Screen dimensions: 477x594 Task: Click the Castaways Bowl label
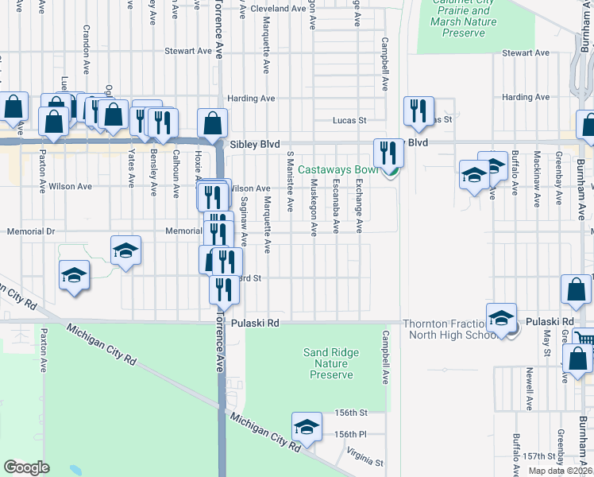pos(340,169)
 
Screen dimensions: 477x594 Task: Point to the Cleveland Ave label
pos(278,8)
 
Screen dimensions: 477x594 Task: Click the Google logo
pos(27,467)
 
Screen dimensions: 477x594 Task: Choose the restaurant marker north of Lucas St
pos(418,111)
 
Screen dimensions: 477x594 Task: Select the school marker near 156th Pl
pos(307,427)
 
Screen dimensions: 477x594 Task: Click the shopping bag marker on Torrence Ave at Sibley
pos(213,123)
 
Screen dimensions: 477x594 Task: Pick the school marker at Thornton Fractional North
pos(502,318)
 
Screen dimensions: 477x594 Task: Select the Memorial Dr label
pos(29,231)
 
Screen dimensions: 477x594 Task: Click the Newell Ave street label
pos(529,387)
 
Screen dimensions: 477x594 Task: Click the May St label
pos(547,341)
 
